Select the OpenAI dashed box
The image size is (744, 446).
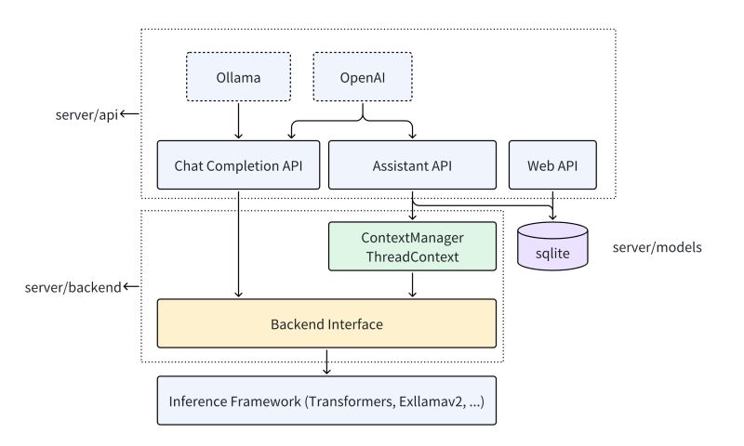tap(361, 75)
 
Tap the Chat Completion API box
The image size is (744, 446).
tap(238, 166)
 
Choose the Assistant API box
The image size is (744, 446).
tap(412, 166)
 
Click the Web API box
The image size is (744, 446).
tap(552, 166)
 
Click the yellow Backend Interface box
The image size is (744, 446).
tap(326, 324)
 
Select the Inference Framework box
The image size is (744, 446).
tap(326, 401)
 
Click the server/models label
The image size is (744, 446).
tap(658, 248)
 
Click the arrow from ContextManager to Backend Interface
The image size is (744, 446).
tap(412, 284)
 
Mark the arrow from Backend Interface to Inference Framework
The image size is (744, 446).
tap(326, 362)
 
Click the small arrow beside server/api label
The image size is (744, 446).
tap(130, 114)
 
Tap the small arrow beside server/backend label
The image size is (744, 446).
tap(130, 286)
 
